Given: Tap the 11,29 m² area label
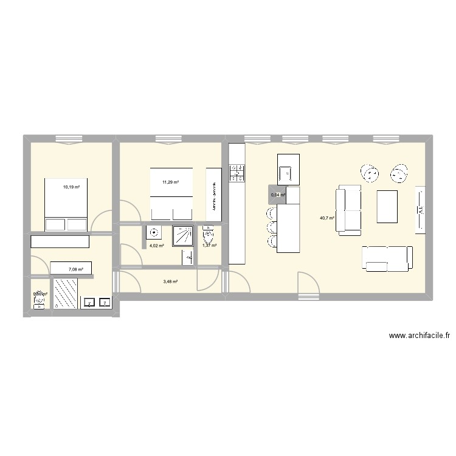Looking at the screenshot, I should coord(171,182).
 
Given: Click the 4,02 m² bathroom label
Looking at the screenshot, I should coord(157,246).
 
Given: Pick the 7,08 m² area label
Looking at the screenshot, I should coord(75,268).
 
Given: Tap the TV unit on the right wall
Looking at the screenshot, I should coord(420,210).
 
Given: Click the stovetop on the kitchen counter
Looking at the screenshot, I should coord(235,173).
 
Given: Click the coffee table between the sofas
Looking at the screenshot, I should coord(387,206).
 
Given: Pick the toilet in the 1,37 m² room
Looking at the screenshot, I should coord(209,235).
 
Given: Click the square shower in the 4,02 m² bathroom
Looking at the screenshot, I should coord(182,235).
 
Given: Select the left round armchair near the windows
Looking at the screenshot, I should coord(369,174).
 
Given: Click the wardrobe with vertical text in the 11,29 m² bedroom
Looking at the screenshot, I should coord(214,195).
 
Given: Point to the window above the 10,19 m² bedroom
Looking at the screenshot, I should coord(69,137).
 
